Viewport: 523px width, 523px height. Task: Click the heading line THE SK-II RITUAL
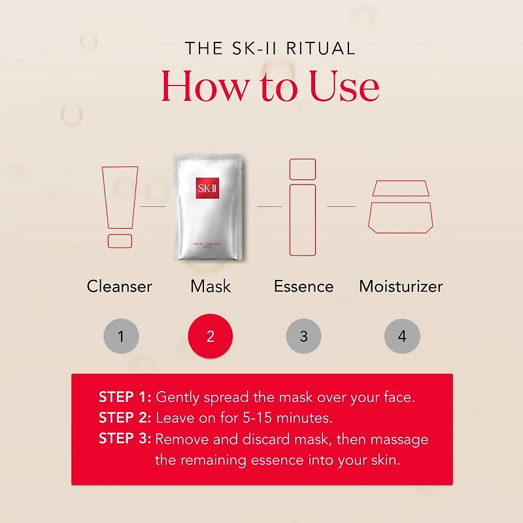coord(270,48)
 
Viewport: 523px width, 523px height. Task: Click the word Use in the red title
coord(344,86)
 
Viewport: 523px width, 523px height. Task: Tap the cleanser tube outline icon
coord(120,196)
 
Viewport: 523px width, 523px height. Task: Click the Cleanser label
coord(120,286)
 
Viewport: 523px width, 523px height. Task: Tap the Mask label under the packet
coord(211,286)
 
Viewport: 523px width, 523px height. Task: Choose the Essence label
coord(303,286)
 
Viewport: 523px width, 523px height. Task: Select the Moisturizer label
coord(401,286)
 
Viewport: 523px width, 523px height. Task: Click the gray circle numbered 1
coord(121,337)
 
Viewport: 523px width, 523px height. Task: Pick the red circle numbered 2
coord(211,337)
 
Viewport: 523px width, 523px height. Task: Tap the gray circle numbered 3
coord(303,337)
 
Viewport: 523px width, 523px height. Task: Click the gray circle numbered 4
coord(401,337)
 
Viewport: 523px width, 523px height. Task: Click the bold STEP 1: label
coord(125,397)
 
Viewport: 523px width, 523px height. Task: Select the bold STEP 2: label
coord(125,418)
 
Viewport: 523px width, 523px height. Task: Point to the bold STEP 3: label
coord(125,439)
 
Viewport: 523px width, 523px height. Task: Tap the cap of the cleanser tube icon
coord(120,241)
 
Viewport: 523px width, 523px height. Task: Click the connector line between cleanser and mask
coord(153,207)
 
